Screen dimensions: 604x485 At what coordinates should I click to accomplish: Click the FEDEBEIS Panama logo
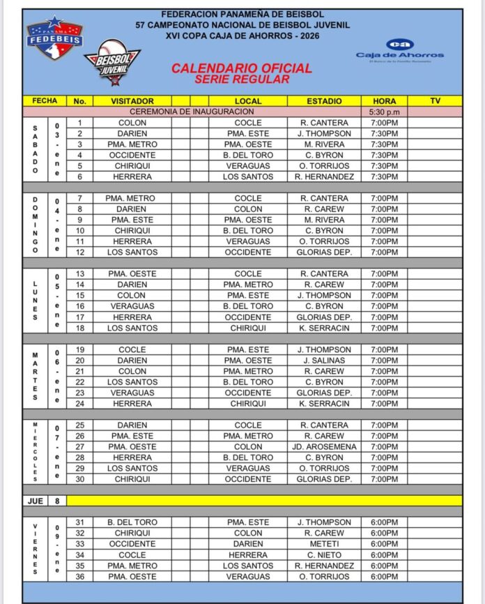[54, 39]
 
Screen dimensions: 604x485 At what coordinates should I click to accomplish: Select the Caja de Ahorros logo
[399, 50]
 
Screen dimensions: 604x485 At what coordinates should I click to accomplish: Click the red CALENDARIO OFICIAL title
[242, 68]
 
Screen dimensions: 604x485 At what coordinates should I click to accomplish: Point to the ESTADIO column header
[324, 101]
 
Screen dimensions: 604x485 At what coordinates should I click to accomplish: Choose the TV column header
[435, 101]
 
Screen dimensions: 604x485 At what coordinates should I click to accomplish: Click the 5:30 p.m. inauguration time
[385, 112]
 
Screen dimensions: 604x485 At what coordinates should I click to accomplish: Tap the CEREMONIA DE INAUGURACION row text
[189, 112]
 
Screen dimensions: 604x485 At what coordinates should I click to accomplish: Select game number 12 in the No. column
[79, 252]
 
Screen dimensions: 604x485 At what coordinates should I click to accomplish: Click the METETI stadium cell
[324, 543]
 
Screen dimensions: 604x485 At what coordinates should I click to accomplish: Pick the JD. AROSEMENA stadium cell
[324, 446]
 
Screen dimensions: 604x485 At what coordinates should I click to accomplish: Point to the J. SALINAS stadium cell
[324, 360]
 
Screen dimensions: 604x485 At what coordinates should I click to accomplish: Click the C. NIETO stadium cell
[324, 554]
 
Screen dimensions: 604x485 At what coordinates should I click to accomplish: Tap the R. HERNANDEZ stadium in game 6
[324, 176]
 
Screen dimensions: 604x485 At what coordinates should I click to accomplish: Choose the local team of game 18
[248, 328]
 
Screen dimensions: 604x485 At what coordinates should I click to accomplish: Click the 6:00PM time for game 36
[385, 576]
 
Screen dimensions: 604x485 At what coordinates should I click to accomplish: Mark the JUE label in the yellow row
[36, 500]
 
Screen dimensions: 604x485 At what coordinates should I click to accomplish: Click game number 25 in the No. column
[79, 425]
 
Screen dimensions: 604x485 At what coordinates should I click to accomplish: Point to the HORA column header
[385, 101]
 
